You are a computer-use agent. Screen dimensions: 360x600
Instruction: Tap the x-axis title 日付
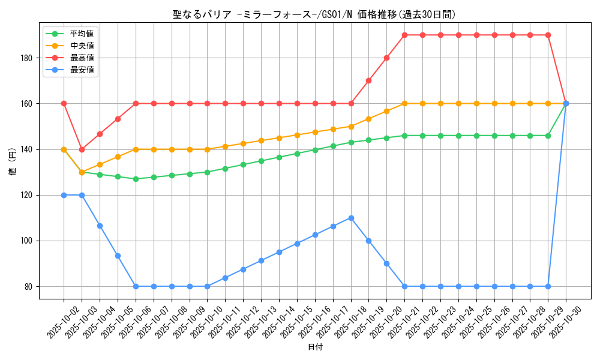point(315,347)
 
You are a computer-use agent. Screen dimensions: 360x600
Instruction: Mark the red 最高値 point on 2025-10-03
point(82,149)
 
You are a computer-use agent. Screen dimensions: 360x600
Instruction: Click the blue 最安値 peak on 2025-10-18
point(351,218)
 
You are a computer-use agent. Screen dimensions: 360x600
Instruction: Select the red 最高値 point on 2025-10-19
point(369,81)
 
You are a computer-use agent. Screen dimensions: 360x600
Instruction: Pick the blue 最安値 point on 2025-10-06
point(136,286)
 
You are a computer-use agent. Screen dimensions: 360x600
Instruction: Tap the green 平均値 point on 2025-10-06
point(136,179)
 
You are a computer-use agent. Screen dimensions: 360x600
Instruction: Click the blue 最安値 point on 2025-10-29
point(548,286)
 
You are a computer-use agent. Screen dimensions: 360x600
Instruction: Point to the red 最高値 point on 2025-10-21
point(404,35)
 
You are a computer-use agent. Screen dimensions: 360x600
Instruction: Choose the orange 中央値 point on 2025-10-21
point(404,104)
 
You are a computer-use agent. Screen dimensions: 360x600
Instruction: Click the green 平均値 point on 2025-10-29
point(548,136)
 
